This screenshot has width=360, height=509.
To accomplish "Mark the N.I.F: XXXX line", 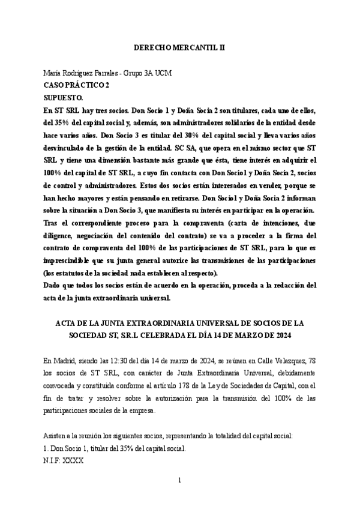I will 64,461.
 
